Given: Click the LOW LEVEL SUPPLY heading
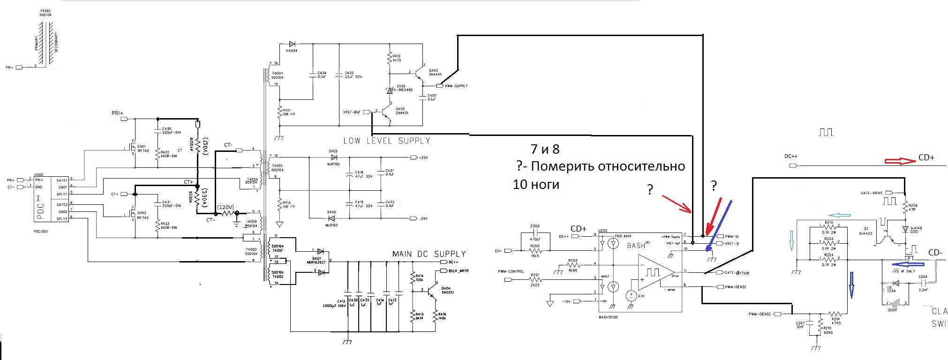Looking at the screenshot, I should pos(387,141).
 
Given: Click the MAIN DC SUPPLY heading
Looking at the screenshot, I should pos(429,254).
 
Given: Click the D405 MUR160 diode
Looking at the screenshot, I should pos(333,157).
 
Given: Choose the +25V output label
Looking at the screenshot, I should pos(423,157).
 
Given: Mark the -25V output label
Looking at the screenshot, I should pos(423,218).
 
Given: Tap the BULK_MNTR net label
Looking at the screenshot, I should pos(459,271).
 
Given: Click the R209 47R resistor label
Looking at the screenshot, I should pos(913,208).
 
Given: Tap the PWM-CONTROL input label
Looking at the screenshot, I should pos(511,271).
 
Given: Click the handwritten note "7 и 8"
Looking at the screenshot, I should pos(545,149).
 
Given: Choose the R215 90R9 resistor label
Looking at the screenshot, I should pos(828,330).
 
